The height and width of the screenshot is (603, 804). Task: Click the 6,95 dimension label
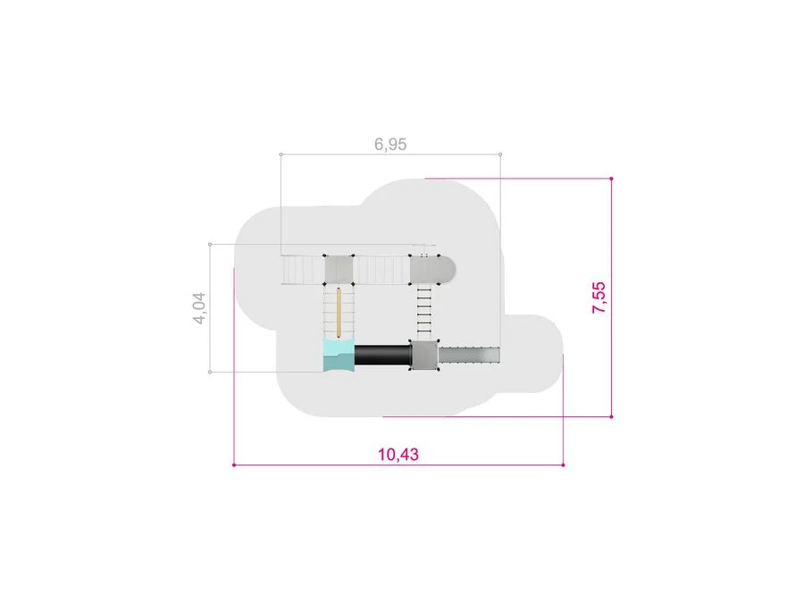click(x=390, y=144)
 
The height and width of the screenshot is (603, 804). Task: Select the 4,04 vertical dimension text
click(x=199, y=308)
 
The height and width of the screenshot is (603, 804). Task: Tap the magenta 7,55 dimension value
click(x=599, y=297)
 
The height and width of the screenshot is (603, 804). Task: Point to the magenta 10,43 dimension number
click(x=398, y=455)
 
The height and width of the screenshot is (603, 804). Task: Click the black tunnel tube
click(x=382, y=355)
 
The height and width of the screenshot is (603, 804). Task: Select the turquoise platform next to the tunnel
click(x=339, y=355)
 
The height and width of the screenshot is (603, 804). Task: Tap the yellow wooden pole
click(x=339, y=313)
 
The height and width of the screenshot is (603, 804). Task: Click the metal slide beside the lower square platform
click(x=469, y=355)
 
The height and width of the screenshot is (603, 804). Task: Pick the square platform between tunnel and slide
click(x=424, y=355)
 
